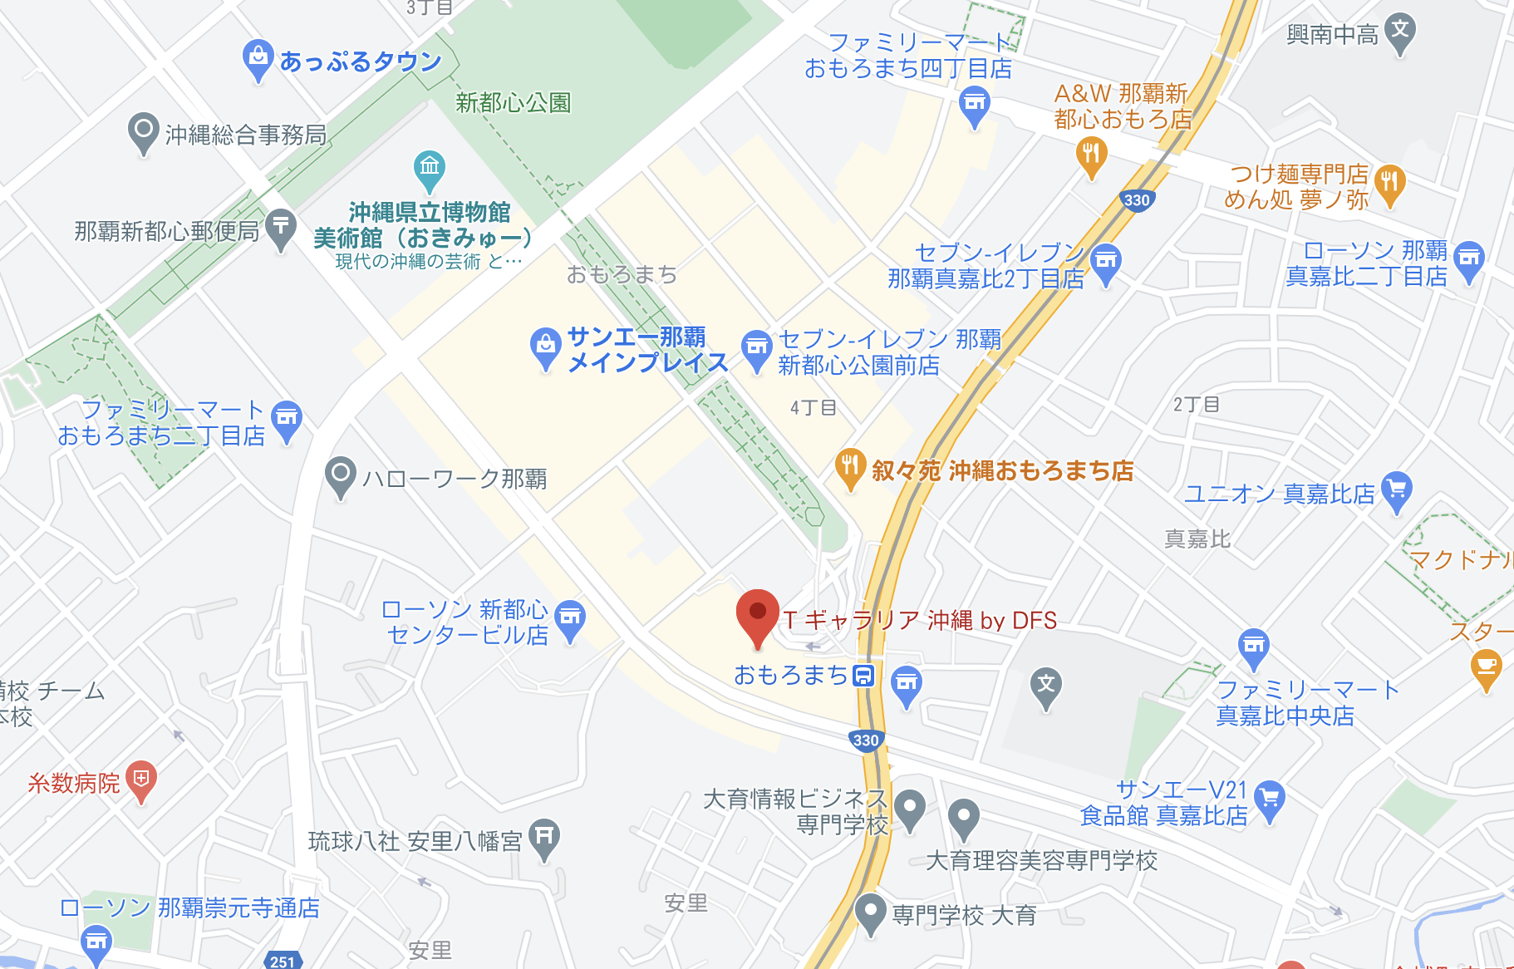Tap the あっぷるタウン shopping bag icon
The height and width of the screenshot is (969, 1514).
pos(258,58)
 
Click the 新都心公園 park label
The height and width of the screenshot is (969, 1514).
pos(513,103)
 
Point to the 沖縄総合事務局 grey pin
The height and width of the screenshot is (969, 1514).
pos(143,131)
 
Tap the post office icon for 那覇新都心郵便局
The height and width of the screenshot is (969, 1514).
pos(281,227)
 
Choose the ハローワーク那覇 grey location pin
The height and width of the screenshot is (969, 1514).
pos(340,475)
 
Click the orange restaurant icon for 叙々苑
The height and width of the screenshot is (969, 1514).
pos(849,467)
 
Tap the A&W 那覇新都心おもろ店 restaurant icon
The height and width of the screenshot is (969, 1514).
pos(1091,155)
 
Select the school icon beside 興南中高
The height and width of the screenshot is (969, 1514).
pos(1400,32)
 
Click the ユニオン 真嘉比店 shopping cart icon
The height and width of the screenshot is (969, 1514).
pos(1397,490)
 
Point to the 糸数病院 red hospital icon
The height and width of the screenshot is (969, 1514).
pos(141,780)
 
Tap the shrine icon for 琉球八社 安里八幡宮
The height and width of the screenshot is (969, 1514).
pos(544,837)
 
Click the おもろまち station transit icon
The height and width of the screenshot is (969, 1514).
pos(864,676)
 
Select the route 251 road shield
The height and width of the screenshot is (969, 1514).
pos(282,961)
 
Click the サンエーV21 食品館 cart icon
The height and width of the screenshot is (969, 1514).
pos(1269,799)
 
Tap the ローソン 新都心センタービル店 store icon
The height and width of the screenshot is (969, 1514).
pos(570,619)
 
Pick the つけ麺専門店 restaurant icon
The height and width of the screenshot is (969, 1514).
pos(1389,183)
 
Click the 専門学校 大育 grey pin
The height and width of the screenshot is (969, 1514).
pos(870,912)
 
